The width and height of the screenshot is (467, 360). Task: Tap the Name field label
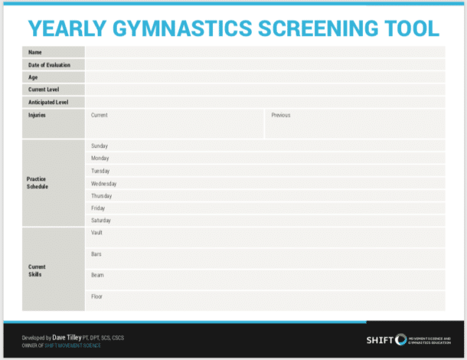pos(34,52)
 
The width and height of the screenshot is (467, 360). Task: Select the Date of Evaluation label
pos(49,65)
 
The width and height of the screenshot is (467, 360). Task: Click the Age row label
pos(33,77)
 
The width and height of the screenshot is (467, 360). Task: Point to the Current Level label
pos(44,90)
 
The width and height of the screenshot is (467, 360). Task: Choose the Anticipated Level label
pos(47,102)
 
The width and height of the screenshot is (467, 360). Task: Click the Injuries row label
pos(37,116)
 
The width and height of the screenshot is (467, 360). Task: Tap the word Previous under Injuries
pos(280,116)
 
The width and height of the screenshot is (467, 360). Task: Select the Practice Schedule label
pos(37,183)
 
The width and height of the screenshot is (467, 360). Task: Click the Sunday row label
pos(100,146)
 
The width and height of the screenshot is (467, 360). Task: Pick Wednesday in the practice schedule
pos(103,184)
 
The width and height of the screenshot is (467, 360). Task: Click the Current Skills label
pos(37,271)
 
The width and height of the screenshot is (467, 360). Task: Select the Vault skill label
pos(96,233)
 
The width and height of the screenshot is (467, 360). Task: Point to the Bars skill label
pos(96,254)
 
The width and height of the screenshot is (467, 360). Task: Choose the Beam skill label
pos(96,275)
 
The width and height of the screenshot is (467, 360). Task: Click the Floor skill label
pos(96,296)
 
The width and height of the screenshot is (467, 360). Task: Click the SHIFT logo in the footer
pos(387,340)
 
